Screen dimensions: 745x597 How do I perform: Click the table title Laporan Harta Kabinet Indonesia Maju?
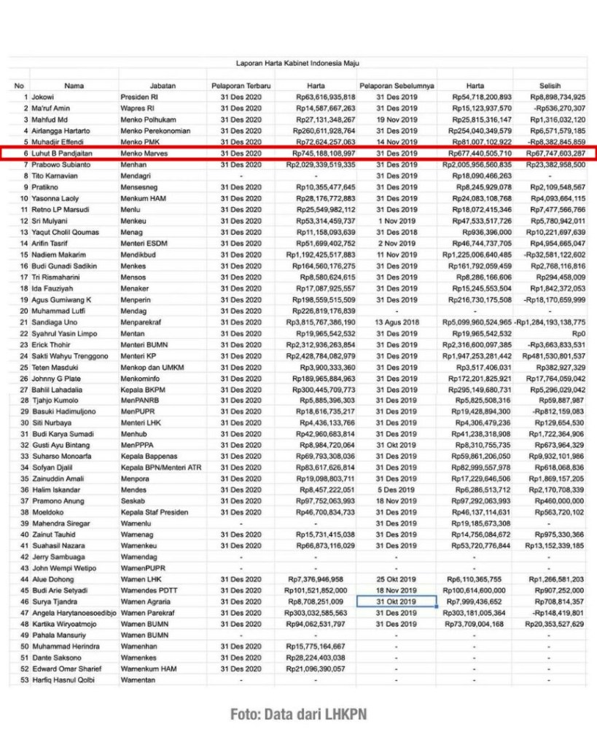coord(297,63)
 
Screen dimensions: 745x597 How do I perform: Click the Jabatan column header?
coord(162,86)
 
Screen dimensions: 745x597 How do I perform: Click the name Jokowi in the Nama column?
coord(43,97)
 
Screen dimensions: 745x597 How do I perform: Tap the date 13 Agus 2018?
coord(396,322)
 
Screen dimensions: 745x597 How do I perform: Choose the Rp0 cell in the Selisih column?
coord(576,333)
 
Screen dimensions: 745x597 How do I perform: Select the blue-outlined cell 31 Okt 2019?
coord(396,602)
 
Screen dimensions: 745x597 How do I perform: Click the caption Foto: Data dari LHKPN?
coord(298,714)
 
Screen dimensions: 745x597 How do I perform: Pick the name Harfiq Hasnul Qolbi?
coord(69,680)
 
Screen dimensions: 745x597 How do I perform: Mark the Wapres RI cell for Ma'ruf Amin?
coord(139,109)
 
